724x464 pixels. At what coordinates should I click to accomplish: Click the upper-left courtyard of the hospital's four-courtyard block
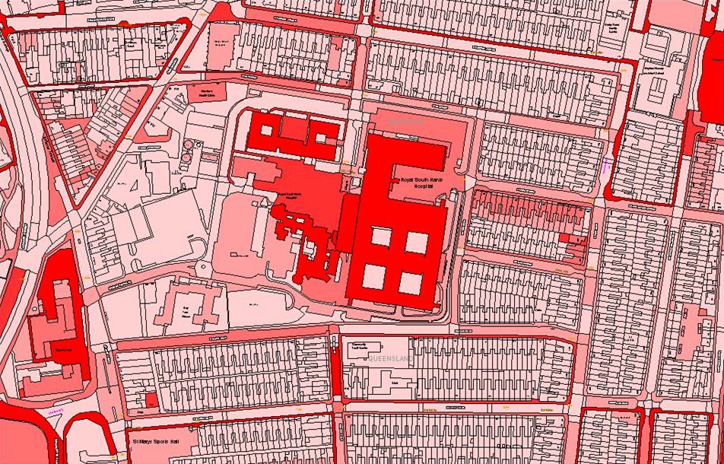click(x=382, y=239)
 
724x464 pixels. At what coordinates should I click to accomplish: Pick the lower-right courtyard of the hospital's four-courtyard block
click(x=411, y=282)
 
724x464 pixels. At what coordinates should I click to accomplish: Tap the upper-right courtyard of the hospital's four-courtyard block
click(x=417, y=242)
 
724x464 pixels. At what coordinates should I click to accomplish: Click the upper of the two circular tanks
click(x=186, y=145)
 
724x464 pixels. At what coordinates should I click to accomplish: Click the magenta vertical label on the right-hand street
click(x=607, y=165)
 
